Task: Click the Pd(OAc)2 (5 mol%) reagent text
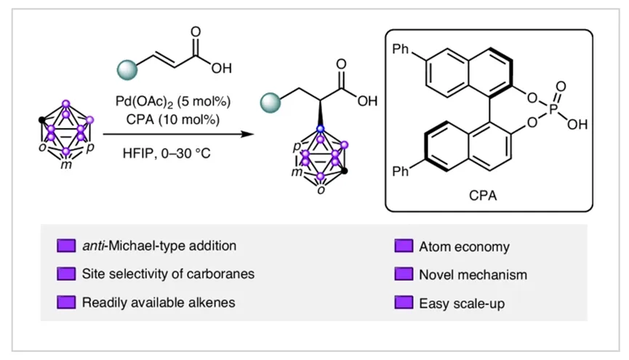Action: click(x=173, y=102)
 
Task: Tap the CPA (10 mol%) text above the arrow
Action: click(x=173, y=119)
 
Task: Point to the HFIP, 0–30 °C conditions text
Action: click(x=167, y=153)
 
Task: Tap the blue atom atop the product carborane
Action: click(x=320, y=129)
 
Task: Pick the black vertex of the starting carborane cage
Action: click(x=41, y=119)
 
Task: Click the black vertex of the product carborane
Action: click(x=344, y=171)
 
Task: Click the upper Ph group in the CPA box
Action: click(x=401, y=49)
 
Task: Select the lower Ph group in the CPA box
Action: click(x=401, y=172)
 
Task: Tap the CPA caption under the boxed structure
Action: click(x=483, y=196)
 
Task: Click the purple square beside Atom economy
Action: click(x=404, y=246)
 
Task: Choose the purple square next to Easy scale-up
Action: click(x=404, y=303)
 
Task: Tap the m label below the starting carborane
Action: click(x=66, y=165)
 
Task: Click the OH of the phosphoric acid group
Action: click(x=577, y=125)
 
